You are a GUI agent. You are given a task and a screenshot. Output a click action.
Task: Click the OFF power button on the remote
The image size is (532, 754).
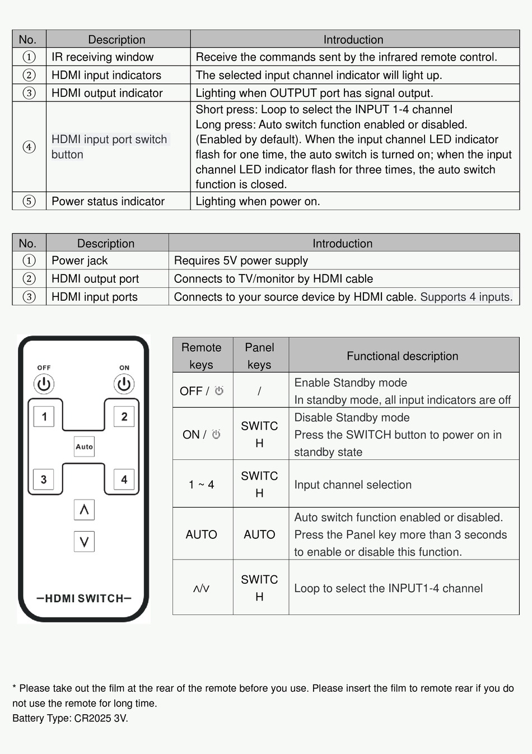pyautogui.click(x=44, y=384)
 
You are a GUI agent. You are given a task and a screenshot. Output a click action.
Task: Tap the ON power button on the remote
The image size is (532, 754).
pyautogui.click(x=124, y=384)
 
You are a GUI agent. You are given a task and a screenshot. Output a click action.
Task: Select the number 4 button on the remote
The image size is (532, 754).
pyautogui.click(x=124, y=480)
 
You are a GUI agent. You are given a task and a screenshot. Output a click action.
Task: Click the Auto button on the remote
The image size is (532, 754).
pyautogui.click(x=84, y=446)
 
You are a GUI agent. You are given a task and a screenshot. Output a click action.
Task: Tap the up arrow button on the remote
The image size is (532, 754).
pyautogui.click(x=84, y=510)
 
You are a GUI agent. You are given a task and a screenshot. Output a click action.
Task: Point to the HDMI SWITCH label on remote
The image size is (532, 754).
pyautogui.click(x=84, y=598)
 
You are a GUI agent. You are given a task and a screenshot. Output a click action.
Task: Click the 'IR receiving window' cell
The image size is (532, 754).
pyautogui.click(x=102, y=57)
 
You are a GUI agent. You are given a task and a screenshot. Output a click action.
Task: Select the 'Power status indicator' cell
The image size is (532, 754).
pyautogui.click(x=108, y=202)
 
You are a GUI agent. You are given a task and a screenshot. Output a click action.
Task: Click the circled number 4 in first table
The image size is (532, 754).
pyautogui.click(x=29, y=147)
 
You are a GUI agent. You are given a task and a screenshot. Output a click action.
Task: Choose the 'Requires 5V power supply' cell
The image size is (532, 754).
pyautogui.click(x=241, y=260)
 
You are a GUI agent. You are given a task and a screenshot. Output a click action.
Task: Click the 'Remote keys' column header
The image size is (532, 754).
pyautogui.click(x=202, y=356)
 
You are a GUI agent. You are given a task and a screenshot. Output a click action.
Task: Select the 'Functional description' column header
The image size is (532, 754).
pyautogui.click(x=402, y=356)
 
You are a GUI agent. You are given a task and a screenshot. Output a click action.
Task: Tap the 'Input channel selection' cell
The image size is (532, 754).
pyautogui.click(x=353, y=485)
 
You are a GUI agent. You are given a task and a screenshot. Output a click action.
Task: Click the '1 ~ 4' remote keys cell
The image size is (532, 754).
pyautogui.click(x=202, y=485)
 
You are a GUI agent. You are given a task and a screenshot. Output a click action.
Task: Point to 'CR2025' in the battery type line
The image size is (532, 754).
pyautogui.click(x=93, y=718)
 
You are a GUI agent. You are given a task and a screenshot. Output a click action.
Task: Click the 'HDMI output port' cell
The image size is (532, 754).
pyautogui.click(x=95, y=279)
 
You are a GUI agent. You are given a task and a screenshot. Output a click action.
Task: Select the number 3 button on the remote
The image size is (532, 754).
pyautogui.click(x=44, y=480)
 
